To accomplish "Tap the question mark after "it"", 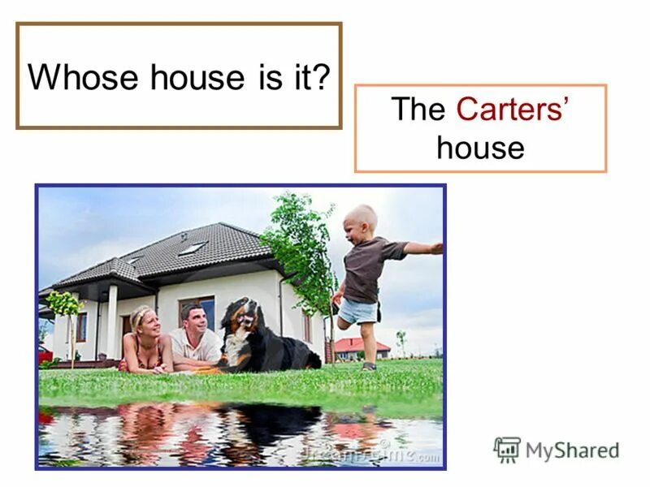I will [322, 77].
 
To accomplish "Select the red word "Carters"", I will [509, 110].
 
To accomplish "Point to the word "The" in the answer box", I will [419, 110].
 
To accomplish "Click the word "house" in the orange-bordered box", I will [480, 148].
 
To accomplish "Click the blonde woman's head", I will [141, 317].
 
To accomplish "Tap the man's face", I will [192, 317].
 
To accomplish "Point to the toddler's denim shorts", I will [358, 310].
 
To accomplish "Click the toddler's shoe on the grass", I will [370, 365].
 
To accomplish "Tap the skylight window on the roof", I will [193, 248].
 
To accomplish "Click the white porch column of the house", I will [111, 320].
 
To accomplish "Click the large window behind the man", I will [197, 313].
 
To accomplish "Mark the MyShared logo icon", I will [506, 449].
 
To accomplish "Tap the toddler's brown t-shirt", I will [363, 269].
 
